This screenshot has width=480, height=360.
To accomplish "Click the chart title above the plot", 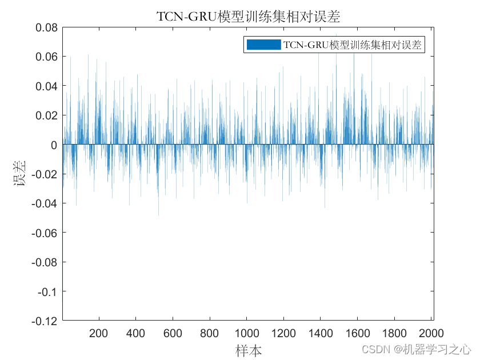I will pyautogui.click(x=248, y=17).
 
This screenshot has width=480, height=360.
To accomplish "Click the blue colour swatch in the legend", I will pyautogui.click(x=263, y=45).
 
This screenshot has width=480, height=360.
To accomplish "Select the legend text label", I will pyautogui.click(x=353, y=45).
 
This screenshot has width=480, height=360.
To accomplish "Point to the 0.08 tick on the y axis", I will pyautogui.click(x=46, y=27).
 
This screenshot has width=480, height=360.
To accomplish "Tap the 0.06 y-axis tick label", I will pyautogui.click(x=46, y=57).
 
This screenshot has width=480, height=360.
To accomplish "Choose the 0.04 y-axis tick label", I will pyautogui.click(x=46, y=86).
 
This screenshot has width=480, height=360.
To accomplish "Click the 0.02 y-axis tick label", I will pyautogui.click(x=46, y=115).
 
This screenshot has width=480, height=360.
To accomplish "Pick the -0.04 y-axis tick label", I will pyautogui.click(x=45, y=203).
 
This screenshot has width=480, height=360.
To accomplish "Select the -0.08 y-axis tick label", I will pyautogui.click(x=45, y=262).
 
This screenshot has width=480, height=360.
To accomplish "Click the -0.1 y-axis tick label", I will pyautogui.click(x=47, y=291).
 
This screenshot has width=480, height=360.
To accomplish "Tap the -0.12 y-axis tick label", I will pyautogui.click(x=45, y=321).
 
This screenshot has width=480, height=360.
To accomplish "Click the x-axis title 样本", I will pyautogui.click(x=249, y=349).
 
